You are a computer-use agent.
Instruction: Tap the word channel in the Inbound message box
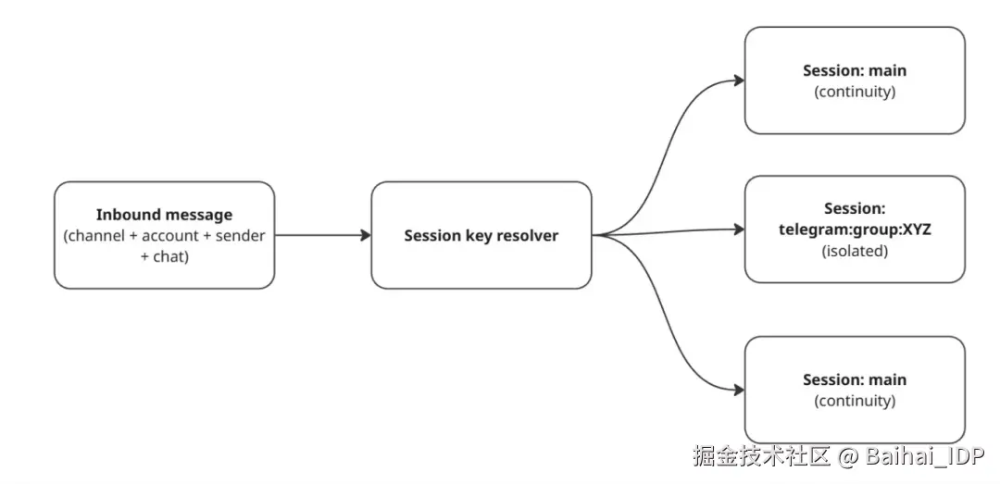(98, 236)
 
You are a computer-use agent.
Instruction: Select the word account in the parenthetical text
(169, 236)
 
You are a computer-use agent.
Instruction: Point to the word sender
(240, 236)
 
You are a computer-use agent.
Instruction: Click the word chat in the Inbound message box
(169, 256)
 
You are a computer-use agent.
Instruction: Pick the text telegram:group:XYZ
(855, 230)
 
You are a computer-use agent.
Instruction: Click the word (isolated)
(855, 250)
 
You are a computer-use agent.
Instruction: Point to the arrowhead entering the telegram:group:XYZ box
(739, 229)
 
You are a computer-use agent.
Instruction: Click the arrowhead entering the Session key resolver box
(366, 235)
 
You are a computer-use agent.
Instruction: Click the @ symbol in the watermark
(848, 456)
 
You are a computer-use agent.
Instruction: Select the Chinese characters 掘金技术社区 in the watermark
(762, 456)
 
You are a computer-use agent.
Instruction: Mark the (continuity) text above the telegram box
(855, 92)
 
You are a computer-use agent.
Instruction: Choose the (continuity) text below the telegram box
(855, 401)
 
